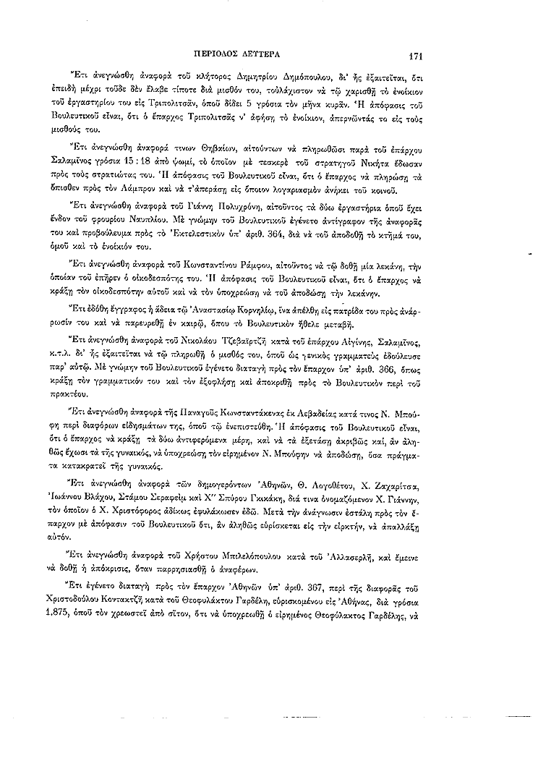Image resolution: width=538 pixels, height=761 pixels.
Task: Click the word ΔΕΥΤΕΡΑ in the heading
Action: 257,54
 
